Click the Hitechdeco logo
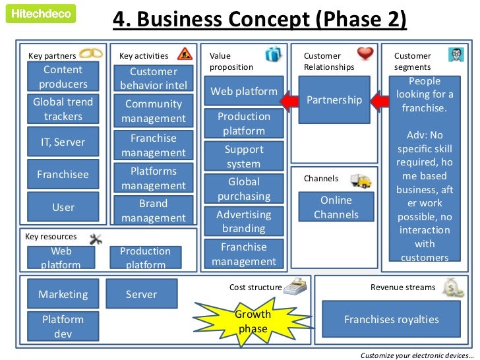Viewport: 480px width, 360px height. (41, 13)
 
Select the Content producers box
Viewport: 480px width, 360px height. (63, 76)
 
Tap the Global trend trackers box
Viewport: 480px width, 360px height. (63, 109)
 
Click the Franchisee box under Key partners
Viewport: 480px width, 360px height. (63, 174)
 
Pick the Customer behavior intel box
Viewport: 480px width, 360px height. (154, 78)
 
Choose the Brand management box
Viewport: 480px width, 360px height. (154, 210)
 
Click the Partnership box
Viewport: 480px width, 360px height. (334, 100)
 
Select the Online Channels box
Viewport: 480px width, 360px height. (336, 206)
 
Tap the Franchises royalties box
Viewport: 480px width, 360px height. (391, 319)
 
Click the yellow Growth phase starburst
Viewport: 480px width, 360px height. (253, 321)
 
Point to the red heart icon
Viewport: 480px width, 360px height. (365, 53)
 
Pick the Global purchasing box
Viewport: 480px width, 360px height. (244, 189)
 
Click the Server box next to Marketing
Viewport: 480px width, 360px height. (141, 294)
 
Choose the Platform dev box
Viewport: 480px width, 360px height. (63, 326)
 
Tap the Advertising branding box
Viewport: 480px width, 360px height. (243, 222)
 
